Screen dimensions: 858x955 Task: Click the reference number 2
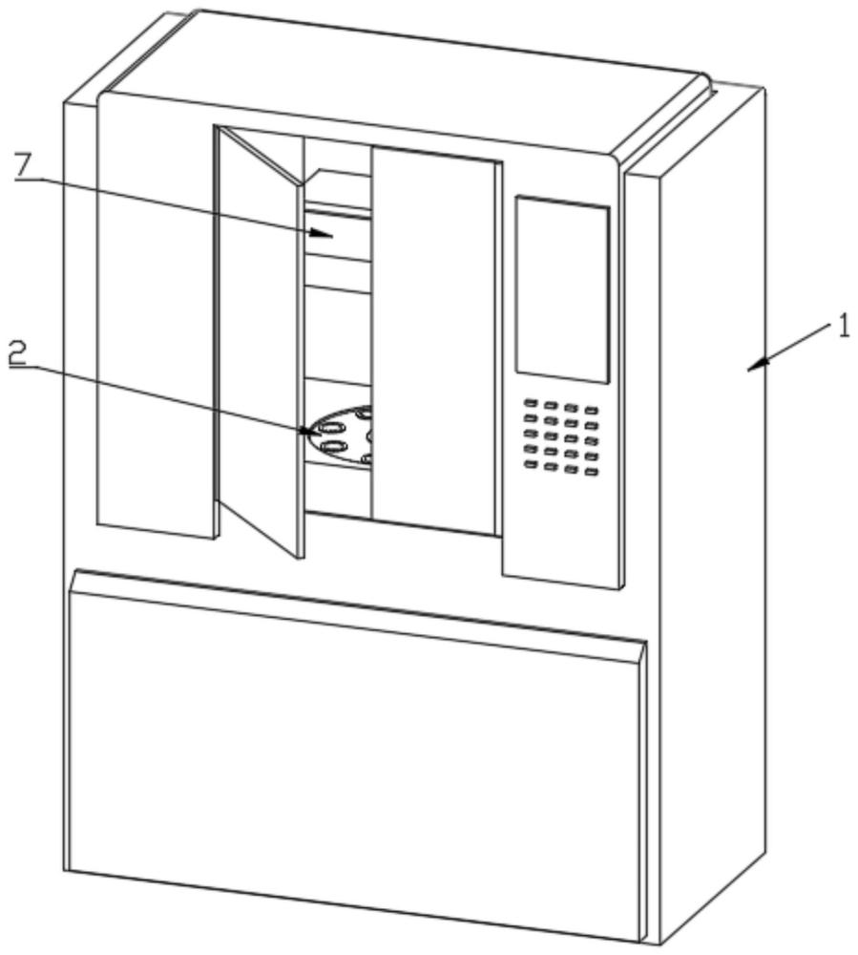[17, 353]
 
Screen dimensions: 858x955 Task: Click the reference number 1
[843, 329]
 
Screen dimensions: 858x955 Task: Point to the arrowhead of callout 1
[758, 364]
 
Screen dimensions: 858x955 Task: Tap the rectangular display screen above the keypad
[562, 289]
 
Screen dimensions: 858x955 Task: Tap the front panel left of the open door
[156, 317]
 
